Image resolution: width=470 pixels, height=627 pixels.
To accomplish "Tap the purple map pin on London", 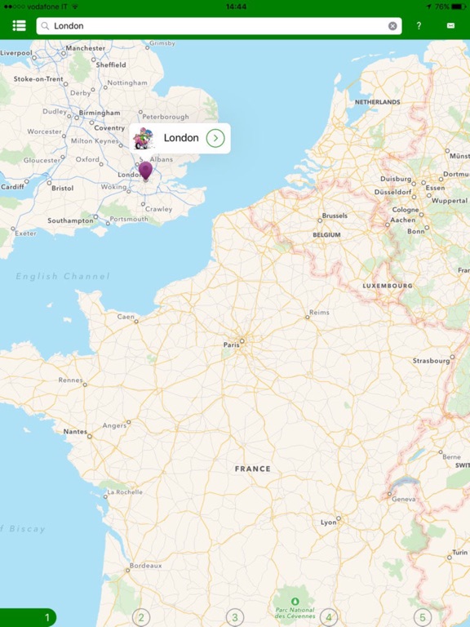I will (x=145, y=170).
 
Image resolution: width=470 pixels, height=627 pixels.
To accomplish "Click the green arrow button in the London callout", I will (x=215, y=138).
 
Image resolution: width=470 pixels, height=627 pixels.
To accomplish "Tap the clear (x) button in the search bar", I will (x=392, y=26).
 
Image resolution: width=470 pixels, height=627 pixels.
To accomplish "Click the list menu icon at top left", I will (x=19, y=26).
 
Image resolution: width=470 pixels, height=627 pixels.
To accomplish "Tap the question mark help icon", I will (x=419, y=26).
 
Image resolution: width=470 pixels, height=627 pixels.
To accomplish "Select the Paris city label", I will (x=231, y=345).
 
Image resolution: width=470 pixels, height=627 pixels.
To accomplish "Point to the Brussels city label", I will (x=335, y=216).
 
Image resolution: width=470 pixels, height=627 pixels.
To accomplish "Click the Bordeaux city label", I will (x=146, y=565).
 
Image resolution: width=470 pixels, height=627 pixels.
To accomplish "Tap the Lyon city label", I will (x=328, y=522).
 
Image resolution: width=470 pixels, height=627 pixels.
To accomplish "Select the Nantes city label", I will (x=75, y=431).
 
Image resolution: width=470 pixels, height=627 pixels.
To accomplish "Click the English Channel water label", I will (x=63, y=277).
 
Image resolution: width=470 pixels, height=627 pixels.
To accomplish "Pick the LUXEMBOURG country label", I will (x=388, y=286).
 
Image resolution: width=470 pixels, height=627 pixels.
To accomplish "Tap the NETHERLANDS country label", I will (x=377, y=102).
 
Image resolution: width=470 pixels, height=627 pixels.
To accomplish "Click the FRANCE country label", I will (x=252, y=469).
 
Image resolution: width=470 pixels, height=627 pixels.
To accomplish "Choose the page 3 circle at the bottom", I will (x=235, y=618).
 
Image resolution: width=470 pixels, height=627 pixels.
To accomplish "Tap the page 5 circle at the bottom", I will (x=422, y=618).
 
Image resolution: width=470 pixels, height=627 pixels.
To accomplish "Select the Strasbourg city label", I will (x=432, y=359).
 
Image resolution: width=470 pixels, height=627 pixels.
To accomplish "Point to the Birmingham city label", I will (x=100, y=113).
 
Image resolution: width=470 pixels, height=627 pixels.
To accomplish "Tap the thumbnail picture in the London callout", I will (x=144, y=138).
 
